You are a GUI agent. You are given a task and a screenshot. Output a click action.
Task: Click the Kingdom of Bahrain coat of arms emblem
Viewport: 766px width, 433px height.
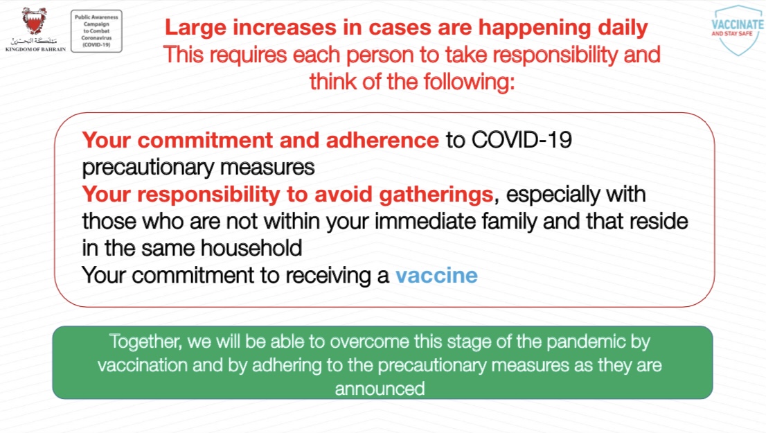34,21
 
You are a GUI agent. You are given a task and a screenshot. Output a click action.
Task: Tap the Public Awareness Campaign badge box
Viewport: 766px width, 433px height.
97,30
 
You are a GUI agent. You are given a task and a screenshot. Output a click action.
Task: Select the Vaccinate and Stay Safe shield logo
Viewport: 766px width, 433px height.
738,30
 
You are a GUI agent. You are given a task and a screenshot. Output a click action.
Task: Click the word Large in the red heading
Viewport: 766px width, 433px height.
195,28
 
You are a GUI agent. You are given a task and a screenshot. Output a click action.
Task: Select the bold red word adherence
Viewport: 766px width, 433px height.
382,140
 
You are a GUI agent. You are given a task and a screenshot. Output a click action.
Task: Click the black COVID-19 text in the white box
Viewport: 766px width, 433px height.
522,140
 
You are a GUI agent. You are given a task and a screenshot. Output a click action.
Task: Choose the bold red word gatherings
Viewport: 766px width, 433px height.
436,195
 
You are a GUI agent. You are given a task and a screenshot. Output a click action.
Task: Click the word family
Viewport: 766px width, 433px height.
510,222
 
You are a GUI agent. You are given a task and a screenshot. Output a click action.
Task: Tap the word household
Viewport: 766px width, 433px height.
251,248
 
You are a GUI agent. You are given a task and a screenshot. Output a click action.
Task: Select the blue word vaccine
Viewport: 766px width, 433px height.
437,276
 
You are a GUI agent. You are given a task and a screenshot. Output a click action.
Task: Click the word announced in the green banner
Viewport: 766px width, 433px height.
380,389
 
